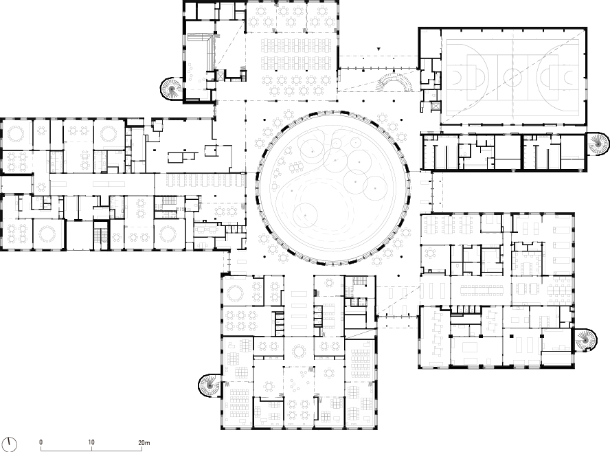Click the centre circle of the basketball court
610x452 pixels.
[512, 77]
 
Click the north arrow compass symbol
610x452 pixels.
[10, 444]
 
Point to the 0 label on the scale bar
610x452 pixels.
[41, 442]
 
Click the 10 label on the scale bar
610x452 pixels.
[91, 442]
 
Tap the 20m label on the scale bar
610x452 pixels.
[144, 442]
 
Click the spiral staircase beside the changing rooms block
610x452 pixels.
[597, 143]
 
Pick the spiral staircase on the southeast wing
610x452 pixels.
[585, 339]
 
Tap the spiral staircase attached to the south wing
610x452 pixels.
[210, 385]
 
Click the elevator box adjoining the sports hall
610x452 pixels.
[435, 106]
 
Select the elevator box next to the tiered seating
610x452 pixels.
[221, 75]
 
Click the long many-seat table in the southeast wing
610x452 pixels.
[482, 291]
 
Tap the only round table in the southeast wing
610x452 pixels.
[430, 253]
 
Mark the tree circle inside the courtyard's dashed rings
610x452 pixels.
[304, 216]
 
